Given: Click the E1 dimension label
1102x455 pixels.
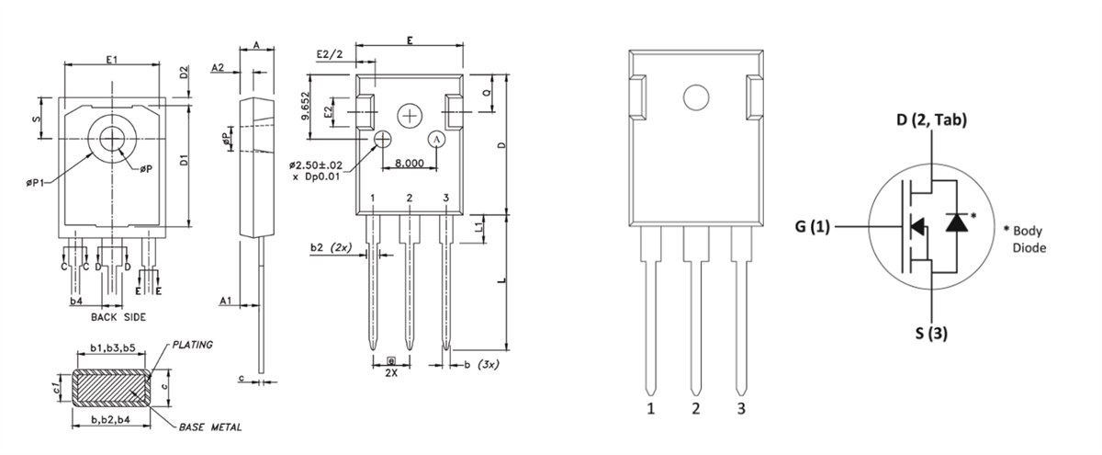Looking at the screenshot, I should coord(112,59).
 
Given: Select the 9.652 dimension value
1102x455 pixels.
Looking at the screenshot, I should coord(305,108).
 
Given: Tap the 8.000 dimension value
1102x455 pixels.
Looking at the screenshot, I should coord(408,163).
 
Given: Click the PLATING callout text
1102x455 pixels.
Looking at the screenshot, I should coord(191,345).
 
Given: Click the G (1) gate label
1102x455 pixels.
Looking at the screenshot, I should coord(811,224).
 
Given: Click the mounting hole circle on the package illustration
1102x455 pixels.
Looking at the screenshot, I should coord(696,98).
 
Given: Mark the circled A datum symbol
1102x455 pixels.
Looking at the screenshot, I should coord(438,138).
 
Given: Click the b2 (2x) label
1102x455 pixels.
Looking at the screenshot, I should coord(328,248).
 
